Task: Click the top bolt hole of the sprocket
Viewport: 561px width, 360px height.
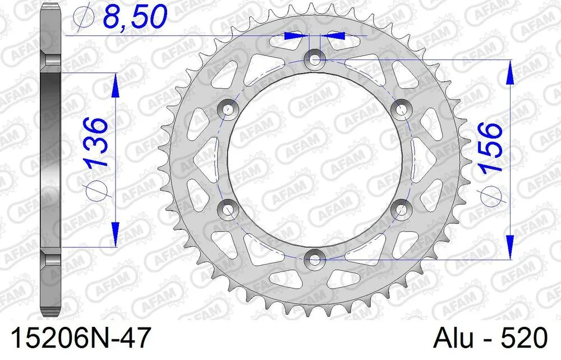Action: [x=315, y=59]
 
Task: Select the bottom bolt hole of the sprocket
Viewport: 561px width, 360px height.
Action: [x=315, y=259]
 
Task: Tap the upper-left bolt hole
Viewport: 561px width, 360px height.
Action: [x=228, y=109]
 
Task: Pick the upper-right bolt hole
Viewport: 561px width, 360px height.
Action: [x=401, y=109]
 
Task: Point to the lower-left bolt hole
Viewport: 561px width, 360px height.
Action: [x=228, y=209]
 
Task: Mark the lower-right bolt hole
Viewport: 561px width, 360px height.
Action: [x=401, y=209]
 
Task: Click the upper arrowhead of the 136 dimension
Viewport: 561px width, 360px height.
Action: [x=116, y=84]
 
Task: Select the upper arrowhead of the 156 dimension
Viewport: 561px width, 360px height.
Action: [x=510, y=72]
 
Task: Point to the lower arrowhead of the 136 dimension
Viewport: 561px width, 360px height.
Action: [x=116, y=234]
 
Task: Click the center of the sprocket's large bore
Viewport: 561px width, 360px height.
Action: [x=315, y=159]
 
